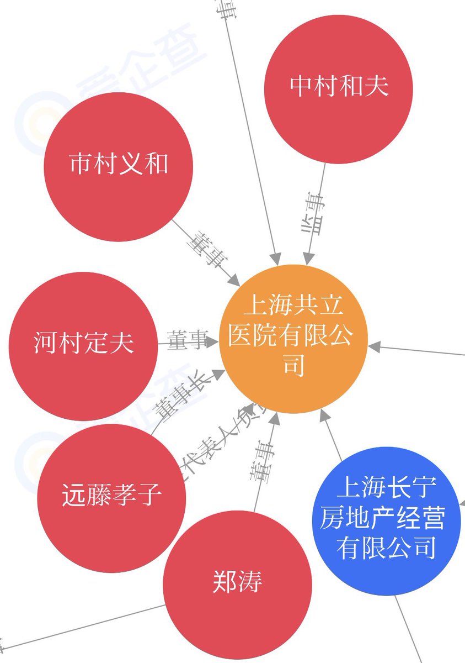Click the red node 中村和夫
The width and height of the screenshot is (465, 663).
339,89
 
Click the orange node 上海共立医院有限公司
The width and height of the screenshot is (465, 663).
293,339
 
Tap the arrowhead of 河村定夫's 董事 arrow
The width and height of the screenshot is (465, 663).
213,343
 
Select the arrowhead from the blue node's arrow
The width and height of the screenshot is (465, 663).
326,419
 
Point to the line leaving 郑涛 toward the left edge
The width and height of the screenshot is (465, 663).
83,628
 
